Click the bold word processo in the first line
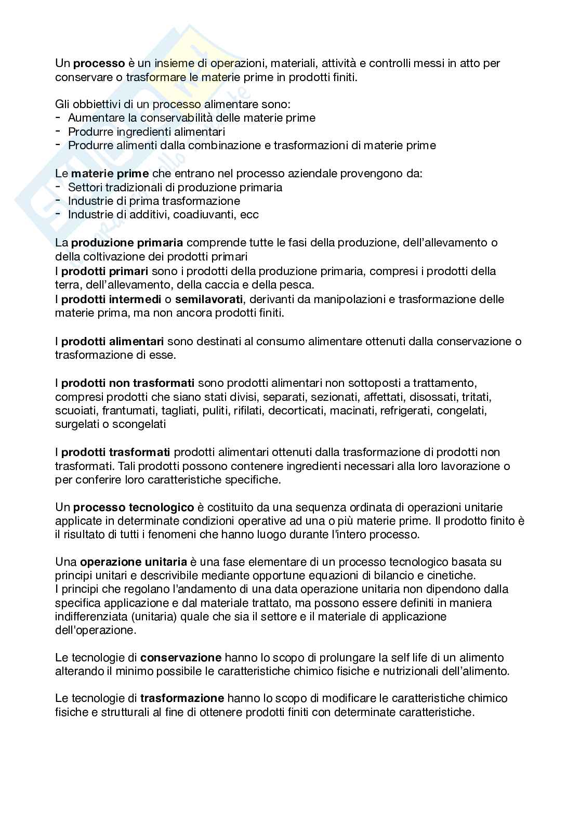coord(99,63)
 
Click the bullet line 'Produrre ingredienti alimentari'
coord(147,132)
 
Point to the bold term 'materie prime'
coord(110,173)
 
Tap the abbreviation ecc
coord(249,214)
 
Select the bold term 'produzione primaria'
coord(127,242)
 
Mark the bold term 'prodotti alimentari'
coord(113,341)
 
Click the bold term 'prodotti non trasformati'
coord(128,383)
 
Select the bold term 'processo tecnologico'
coord(134,507)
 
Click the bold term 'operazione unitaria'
coord(134,562)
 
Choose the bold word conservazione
coord(181,657)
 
